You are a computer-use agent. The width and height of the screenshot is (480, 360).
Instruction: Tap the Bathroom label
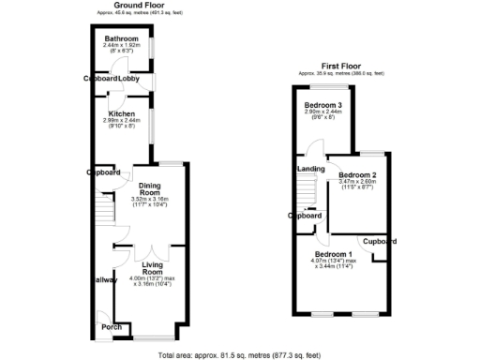click(121, 38)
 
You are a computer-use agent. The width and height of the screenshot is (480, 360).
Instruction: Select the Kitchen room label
click(121, 113)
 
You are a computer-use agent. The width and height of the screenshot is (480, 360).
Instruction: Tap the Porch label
click(112, 327)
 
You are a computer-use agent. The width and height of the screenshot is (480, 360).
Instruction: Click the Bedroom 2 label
click(357, 175)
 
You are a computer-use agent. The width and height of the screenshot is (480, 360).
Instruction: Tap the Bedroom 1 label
click(334, 255)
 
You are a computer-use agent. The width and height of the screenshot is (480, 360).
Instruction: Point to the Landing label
click(311, 169)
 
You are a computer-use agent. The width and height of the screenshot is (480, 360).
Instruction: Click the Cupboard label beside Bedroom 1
click(380, 241)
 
